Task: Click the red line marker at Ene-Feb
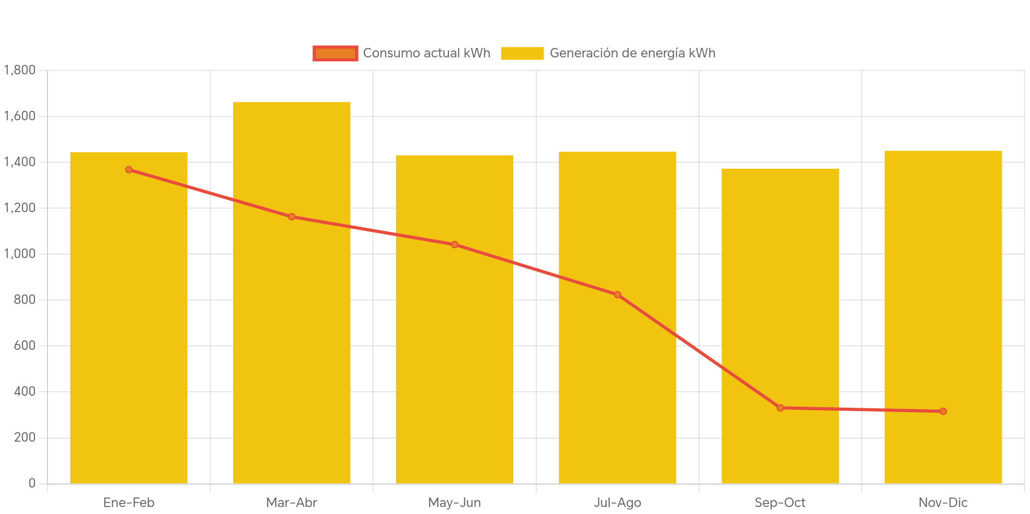click(129, 170)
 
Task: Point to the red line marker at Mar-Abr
click(292, 217)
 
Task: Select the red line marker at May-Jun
click(454, 245)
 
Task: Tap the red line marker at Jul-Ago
click(618, 294)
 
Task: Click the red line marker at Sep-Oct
click(780, 408)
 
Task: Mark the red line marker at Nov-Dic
click(943, 411)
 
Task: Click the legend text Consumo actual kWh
click(426, 53)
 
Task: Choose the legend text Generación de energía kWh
click(632, 53)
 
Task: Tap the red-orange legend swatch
click(336, 53)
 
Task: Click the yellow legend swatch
click(522, 53)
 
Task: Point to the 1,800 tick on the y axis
click(20, 70)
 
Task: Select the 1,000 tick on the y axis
click(20, 254)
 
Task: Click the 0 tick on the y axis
click(32, 483)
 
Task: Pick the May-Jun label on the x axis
click(454, 503)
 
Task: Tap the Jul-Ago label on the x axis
click(618, 503)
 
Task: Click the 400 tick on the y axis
click(25, 391)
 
